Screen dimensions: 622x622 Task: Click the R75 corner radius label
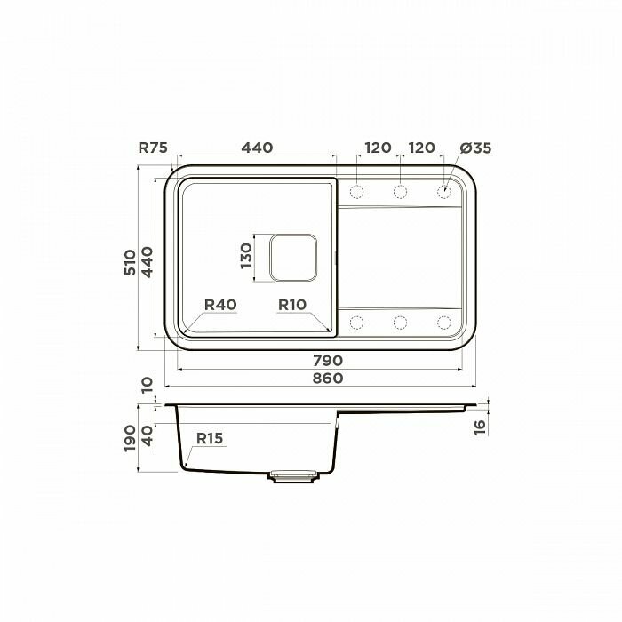(153, 148)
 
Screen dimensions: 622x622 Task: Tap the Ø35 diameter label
(475, 148)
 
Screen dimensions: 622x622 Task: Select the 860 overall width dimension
(328, 379)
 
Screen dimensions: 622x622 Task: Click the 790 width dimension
(328, 361)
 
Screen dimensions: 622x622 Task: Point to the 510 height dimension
(130, 262)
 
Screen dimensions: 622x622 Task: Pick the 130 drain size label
(246, 256)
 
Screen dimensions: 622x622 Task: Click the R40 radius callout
(220, 305)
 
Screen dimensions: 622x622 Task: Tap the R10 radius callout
(292, 305)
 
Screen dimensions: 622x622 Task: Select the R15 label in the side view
(210, 438)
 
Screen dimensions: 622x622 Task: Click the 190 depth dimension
(130, 438)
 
